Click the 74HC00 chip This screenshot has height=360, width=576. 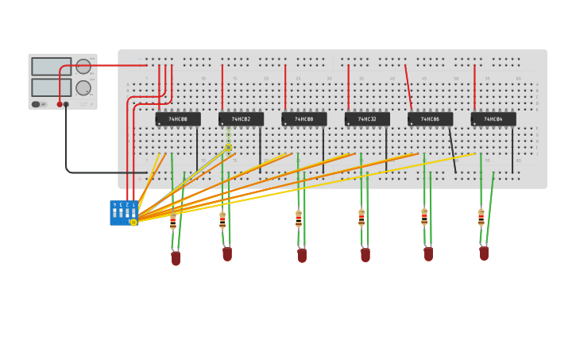[x=178, y=119]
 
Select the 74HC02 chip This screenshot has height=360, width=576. [x=241, y=119]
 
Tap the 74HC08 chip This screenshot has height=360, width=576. [x=303, y=119]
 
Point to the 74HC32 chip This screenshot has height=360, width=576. [x=367, y=119]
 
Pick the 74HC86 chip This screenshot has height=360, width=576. [x=430, y=119]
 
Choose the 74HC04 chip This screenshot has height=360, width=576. [x=493, y=119]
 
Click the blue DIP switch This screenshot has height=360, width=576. [x=123, y=212]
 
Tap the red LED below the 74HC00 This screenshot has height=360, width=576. [x=176, y=257]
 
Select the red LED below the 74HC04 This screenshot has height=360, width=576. [x=483, y=253]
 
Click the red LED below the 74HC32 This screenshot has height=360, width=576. [x=365, y=254]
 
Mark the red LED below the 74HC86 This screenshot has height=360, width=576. [x=428, y=254]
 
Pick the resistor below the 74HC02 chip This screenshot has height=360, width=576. [x=222, y=220]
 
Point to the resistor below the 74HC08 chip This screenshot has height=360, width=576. [x=299, y=219]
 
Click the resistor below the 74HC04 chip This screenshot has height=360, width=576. [x=481, y=217]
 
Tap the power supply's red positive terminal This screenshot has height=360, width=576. [x=60, y=104]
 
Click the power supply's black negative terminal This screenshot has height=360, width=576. [x=66, y=104]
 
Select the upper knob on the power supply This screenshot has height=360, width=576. [x=83, y=66]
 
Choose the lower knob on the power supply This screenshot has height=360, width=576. [x=83, y=87]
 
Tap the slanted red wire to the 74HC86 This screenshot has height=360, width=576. [x=408, y=87]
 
